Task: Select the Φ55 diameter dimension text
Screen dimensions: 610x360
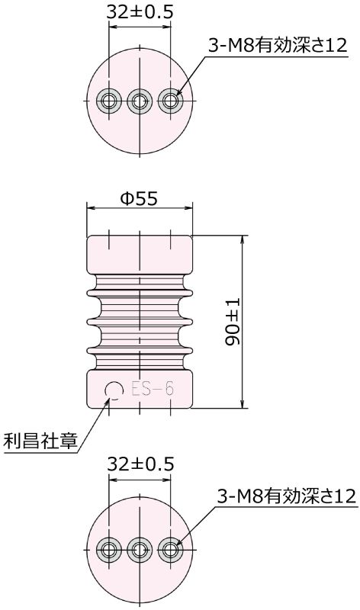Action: [139, 198]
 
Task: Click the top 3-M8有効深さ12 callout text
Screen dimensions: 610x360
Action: [278, 46]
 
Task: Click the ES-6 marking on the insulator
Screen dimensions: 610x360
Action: [153, 390]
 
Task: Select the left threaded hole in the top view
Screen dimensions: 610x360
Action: [109, 100]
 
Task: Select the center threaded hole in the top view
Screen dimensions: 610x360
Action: [139, 100]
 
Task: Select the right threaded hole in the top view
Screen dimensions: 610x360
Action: [169, 100]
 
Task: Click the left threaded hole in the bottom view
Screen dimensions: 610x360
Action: [109, 549]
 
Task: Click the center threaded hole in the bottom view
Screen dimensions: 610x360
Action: [139, 549]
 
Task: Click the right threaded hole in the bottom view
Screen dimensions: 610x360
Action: [169, 549]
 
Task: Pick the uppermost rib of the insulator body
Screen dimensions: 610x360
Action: [139, 288]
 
